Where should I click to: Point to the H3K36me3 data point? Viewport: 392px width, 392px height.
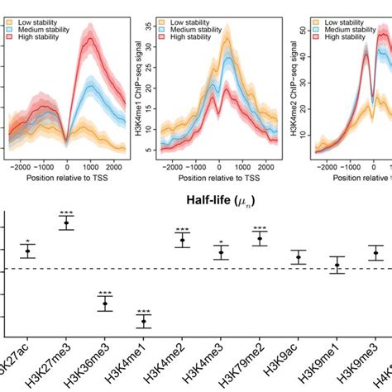[105, 304]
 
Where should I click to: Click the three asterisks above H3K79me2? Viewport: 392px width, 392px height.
[260, 229]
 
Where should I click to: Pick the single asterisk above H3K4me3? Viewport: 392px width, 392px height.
[221, 243]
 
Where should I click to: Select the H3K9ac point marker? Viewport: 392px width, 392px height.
[299, 257]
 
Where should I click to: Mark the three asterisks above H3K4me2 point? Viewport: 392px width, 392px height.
[183, 230]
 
